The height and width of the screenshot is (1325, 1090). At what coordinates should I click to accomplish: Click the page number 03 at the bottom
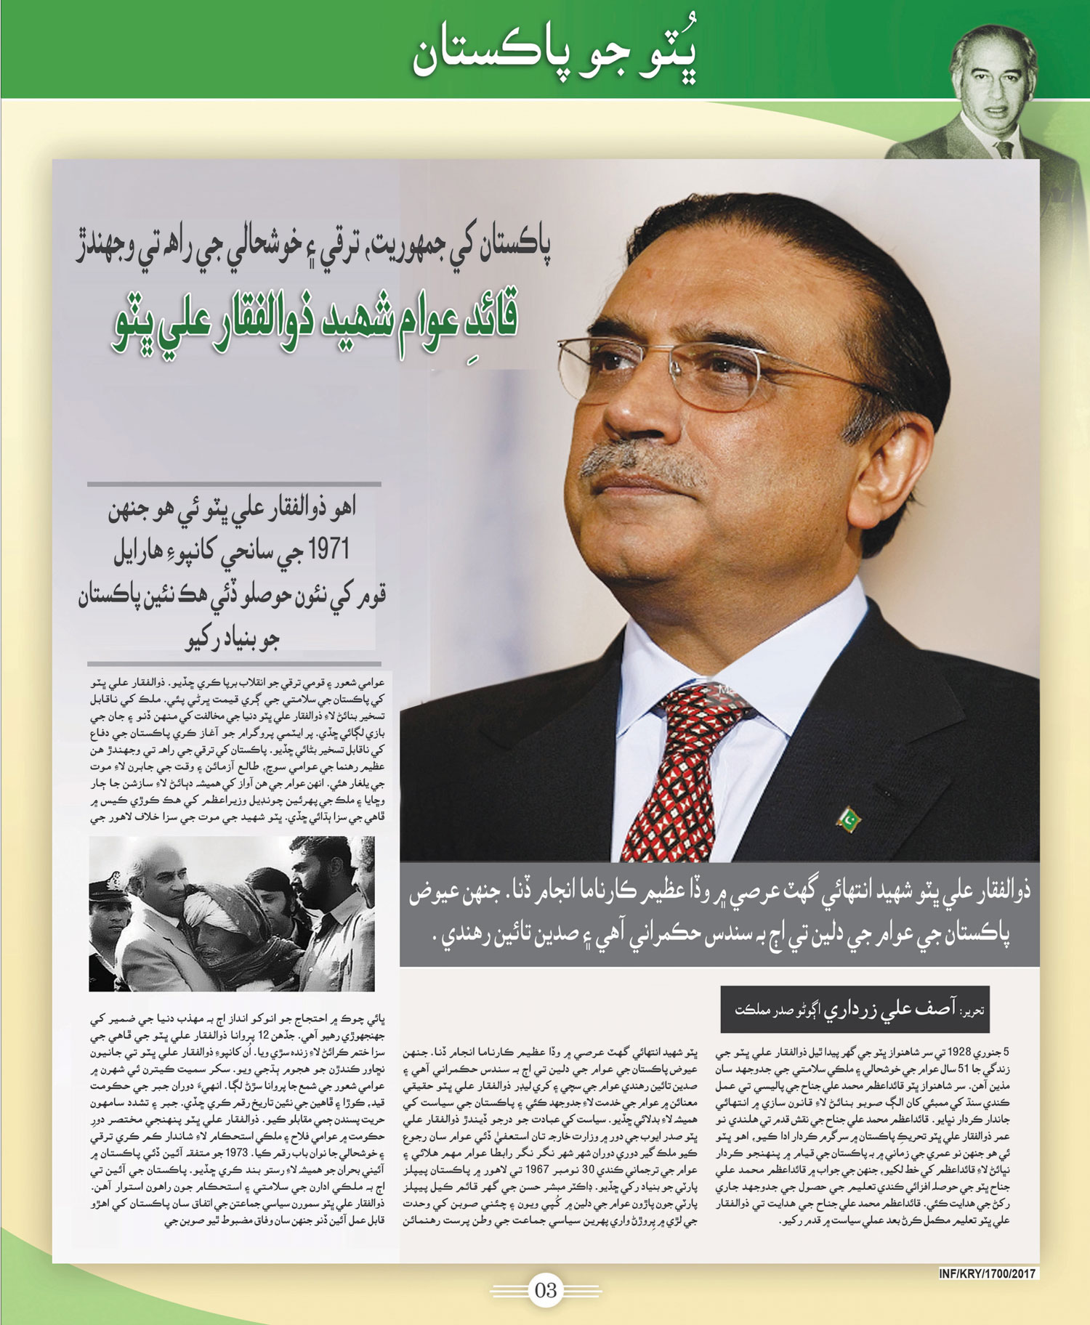point(545,1290)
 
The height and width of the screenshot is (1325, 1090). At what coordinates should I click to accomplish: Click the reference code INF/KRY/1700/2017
point(987,1273)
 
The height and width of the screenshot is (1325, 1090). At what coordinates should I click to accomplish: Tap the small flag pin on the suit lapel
point(849,819)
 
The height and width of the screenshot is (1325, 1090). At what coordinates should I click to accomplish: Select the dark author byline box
point(854,1009)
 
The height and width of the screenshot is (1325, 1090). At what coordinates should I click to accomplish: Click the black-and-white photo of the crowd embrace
point(231,913)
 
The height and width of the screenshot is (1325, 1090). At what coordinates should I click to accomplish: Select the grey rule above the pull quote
point(234,484)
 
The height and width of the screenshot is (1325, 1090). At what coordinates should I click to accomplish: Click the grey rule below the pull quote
point(234,663)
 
